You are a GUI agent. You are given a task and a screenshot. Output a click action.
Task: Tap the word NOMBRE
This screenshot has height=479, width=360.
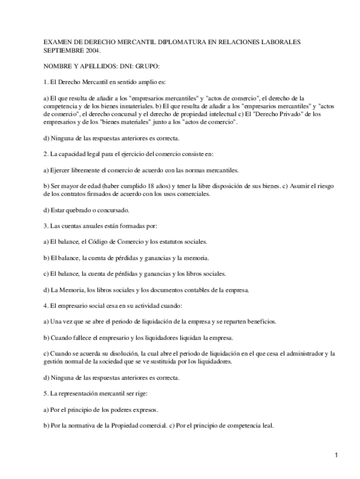tap(58, 66)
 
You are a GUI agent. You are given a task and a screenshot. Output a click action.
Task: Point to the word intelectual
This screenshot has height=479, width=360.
tap(223, 114)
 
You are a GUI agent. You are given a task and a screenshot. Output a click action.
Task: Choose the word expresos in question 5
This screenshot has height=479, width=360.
tap(144, 410)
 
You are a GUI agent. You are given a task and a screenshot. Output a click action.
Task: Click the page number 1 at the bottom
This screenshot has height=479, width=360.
tap(336, 455)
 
